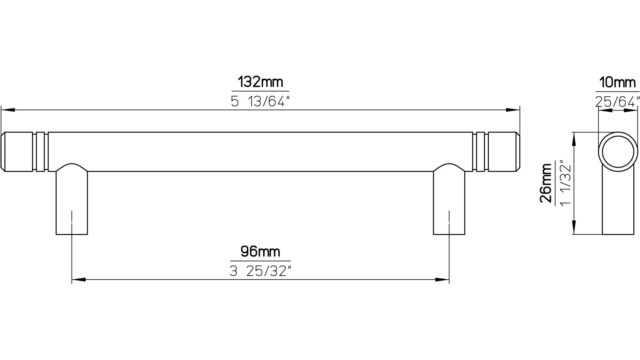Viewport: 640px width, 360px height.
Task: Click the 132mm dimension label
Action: pyautogui.click(x=260, y=82)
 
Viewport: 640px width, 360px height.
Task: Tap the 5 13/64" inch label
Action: pyautogui.click(x=260, y=101)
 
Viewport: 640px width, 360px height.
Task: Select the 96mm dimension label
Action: pyautogui.click(x=260, y=251)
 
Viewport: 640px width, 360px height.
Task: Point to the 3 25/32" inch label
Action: pyautogui.click(x=260, y=271)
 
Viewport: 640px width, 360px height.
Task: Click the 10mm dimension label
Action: pyautogui.click(x=618, y=82)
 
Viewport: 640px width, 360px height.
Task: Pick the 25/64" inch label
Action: pyautogui.click(x=617, y=101)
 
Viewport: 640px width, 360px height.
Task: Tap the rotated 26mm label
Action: pyautogui.click(x=547, y=183)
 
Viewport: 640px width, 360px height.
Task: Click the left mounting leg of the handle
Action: pyautogui.click(x=72, y=200)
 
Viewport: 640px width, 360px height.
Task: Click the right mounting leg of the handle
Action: pyautogui.click(x=449, y=200)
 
